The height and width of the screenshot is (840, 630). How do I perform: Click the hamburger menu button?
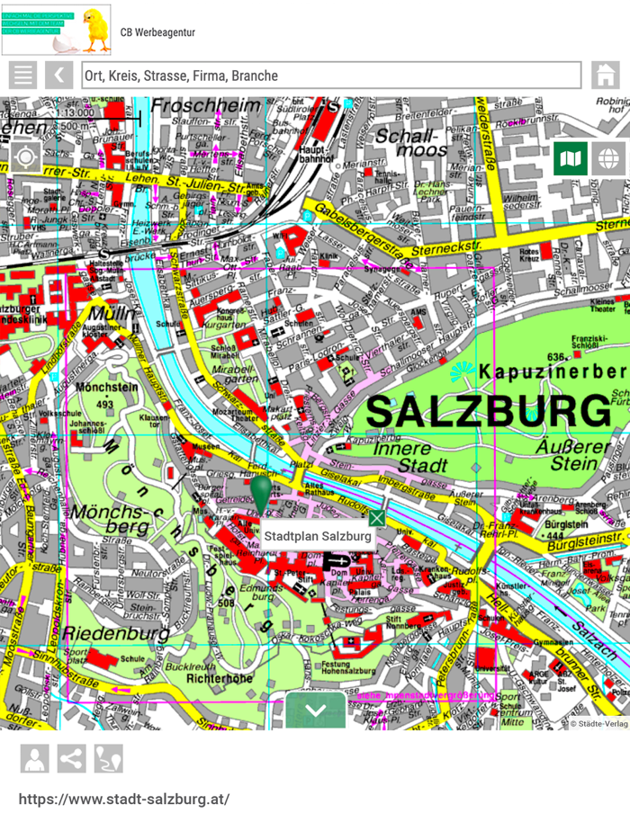pyautogui.click(x=22, y=75)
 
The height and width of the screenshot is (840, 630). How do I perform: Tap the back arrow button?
pyautogui.click(x=59, y=75)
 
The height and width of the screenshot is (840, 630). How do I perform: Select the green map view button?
pyautogui.click(x=571, y=159)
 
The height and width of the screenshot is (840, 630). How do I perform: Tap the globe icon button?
pyautogui.click(x=608, y=159)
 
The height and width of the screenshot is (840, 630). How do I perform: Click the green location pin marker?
pyautogui.click(x=261, y=494)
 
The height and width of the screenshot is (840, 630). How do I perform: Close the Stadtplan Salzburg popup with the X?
pyautogui.click(x=376, y=518)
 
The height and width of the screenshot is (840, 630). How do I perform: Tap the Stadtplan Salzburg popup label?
pyautogui.click(x=317, y=536)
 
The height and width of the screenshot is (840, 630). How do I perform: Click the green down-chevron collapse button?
pyautogui.click(x=316, y=710)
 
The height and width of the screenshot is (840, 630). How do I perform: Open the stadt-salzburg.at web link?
pyautogui.click(x=124, y=799)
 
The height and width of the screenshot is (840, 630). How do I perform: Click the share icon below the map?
pyautogui.click(x=71, y=759)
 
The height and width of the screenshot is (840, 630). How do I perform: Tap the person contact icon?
pyautogui.click(x=35, y=759)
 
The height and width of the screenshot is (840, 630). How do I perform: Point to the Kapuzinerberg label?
pyautogui.click(x=553, y=371)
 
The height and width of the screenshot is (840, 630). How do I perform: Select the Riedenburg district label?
pyautogui.click(x=118, y=633)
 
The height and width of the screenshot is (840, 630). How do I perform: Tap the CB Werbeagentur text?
pyautogui.click(x=157, y=33)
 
